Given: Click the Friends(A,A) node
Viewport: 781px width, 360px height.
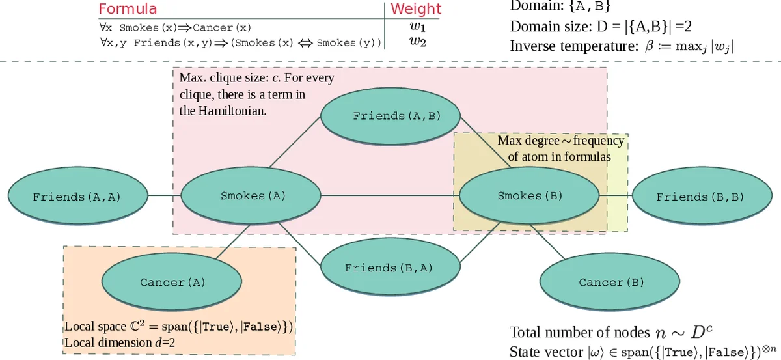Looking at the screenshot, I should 77,196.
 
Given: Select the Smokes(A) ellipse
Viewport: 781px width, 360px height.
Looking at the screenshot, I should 253,195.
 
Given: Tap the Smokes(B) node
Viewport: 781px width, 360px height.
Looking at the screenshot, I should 528,195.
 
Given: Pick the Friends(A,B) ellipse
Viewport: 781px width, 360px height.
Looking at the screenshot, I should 396,116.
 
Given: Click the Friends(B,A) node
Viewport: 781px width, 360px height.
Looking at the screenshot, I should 389,268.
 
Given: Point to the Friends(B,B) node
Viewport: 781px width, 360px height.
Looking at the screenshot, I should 700,196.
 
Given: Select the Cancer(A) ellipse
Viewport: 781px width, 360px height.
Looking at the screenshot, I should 172,283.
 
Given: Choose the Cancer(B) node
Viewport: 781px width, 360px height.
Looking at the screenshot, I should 611,283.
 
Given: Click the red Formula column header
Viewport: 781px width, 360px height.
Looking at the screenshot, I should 128,9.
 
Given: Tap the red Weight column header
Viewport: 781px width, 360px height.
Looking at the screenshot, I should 415,9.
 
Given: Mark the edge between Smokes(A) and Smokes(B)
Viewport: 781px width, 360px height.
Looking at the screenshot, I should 390,195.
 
